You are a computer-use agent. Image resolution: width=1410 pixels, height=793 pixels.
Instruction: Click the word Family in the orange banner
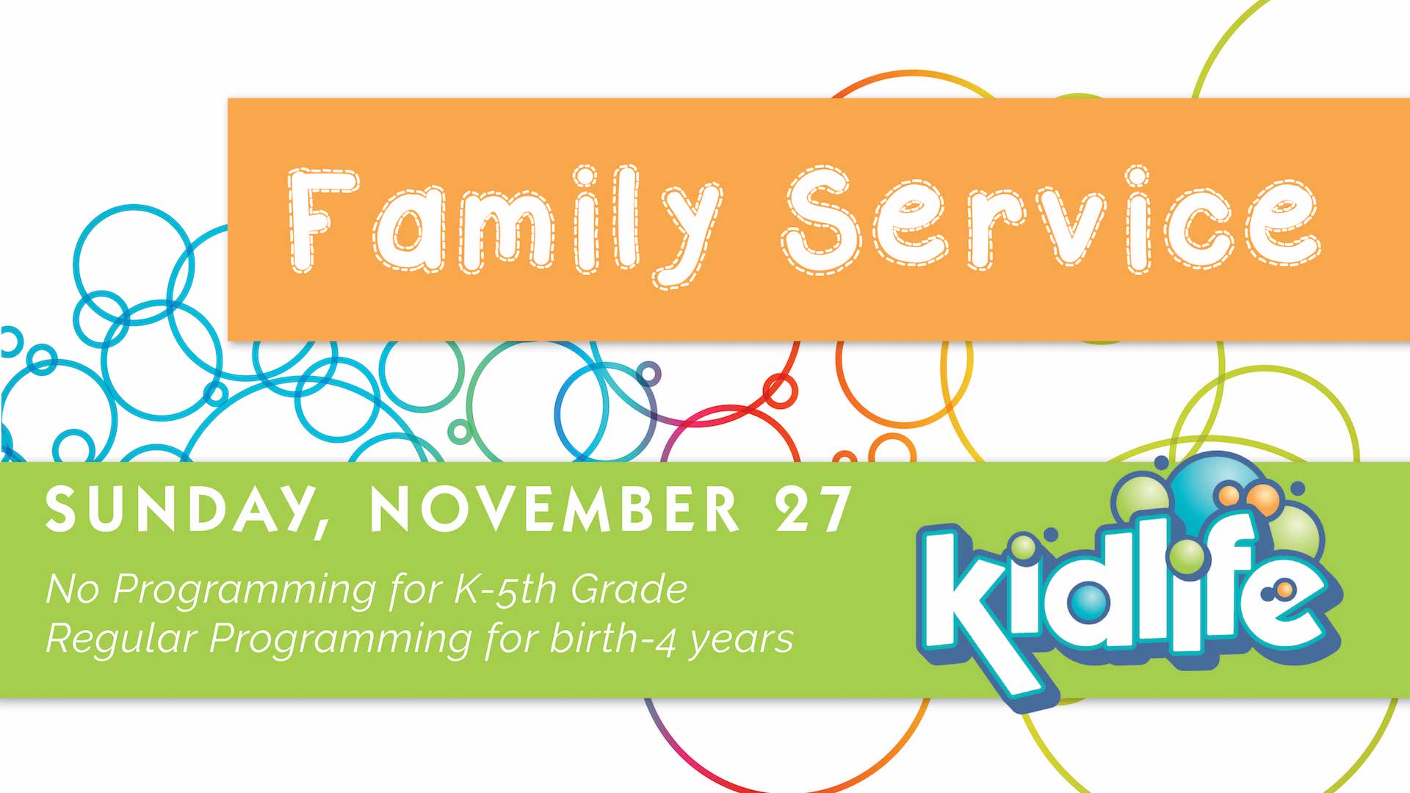coord(505,225)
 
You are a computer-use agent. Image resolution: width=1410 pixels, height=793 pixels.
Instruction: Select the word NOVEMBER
coord(554,508)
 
